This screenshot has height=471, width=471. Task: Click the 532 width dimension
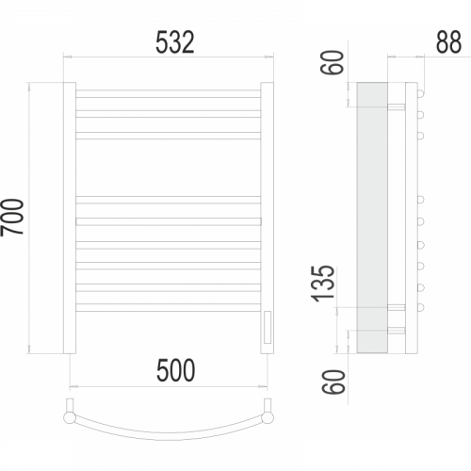point(175,42)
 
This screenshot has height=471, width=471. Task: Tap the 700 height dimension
point(12,217)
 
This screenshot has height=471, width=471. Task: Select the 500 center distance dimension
point(175,370)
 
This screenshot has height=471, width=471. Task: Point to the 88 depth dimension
point(449,42)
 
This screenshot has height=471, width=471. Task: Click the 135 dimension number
point(323,284)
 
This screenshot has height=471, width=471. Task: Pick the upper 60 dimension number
point(333,62)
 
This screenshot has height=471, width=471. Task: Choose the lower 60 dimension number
point(333,382)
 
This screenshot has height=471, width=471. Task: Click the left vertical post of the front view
point(70,218)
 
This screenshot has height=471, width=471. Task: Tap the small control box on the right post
point(268,327)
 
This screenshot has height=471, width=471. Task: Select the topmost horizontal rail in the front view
point(169,93)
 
